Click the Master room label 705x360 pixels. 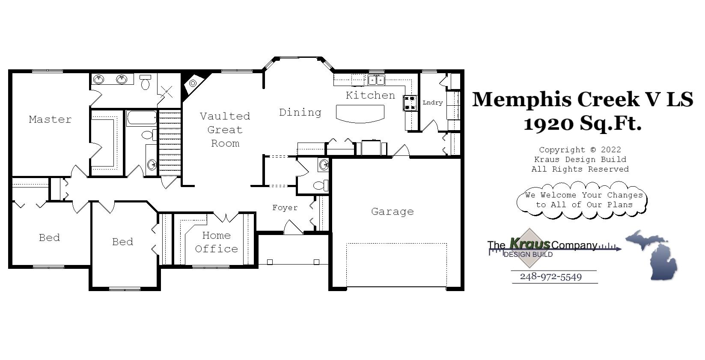[x=50, y=119]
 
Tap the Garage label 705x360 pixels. [x=392, y=211]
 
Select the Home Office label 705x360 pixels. [x=216, y=242]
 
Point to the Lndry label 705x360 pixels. [x=432, y=103]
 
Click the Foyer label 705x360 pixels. [x=285, y=208]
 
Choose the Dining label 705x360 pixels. [x=300, y=112]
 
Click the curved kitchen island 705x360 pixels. [x=360, y=113]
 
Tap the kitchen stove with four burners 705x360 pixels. [x=410, y=103]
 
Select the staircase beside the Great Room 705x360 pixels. [x=170, y=142]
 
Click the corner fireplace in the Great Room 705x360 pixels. [x=192, y=83]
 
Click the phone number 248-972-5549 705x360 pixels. [x=551, y=277]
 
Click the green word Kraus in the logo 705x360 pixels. [x=529, y=244]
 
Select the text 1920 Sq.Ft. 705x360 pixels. [x=582, y=124]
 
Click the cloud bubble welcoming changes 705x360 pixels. [x=582, y=200]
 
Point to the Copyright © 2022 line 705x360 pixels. [x=580, y=150]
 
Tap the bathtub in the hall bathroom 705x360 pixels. [x=142, y=118]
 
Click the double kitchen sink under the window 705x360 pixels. [x=377, y=80]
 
